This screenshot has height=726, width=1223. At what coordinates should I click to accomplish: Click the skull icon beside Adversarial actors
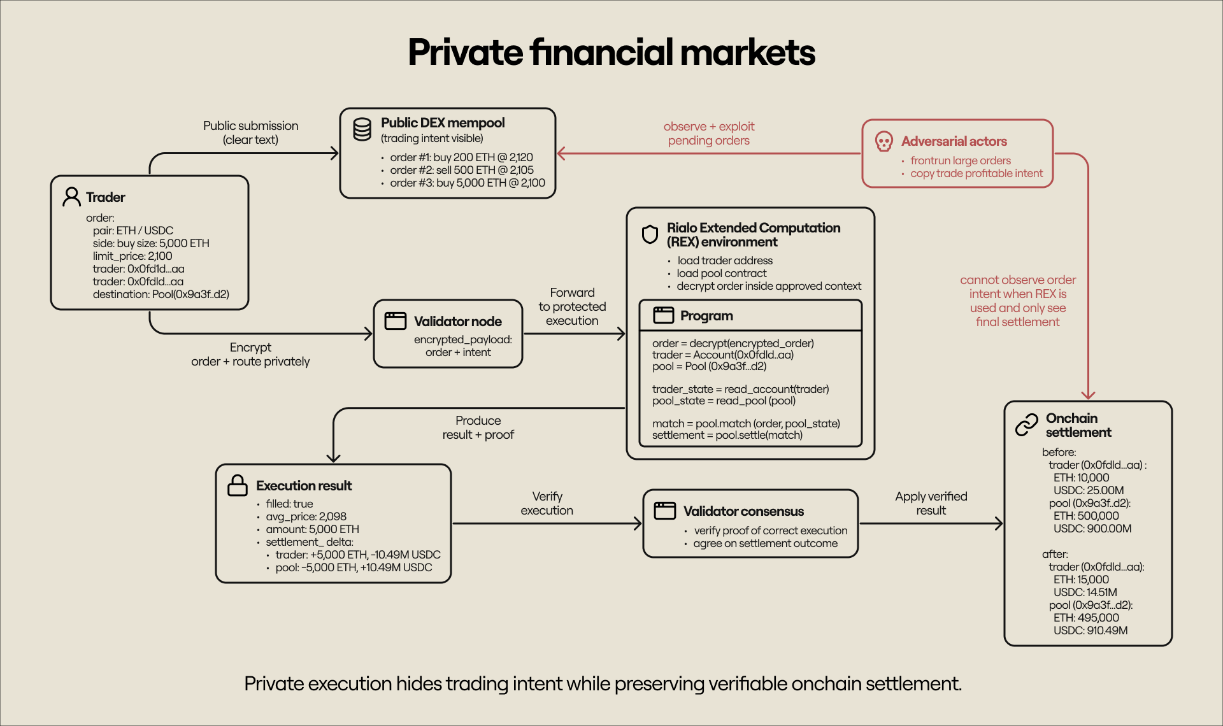coord(883,141)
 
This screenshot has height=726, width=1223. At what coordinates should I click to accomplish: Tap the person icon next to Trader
coord(71,197)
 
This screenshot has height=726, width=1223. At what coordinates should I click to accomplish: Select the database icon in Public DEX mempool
coord(362,129)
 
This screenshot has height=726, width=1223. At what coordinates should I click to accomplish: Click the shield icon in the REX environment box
coord(650,234)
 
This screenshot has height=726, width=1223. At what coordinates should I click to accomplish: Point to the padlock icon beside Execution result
coord(238,485)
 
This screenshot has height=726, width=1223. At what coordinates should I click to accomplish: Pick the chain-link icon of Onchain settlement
coord(1026,425)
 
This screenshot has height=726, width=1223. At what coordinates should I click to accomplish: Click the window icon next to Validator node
coord(395,320)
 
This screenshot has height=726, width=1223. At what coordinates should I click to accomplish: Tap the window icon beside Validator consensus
coord(664,510)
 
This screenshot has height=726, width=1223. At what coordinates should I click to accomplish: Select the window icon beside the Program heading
coord(663,315)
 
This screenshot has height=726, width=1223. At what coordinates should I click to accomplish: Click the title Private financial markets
coord(611,52)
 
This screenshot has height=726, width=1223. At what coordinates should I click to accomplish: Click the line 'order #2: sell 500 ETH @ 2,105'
coord(461,170)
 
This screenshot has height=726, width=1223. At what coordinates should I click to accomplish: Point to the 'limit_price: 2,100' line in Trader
coord(132,256)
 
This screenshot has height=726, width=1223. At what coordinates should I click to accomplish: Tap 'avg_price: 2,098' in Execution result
coord(306,516)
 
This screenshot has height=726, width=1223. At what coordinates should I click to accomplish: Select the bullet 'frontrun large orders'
coord(960,160)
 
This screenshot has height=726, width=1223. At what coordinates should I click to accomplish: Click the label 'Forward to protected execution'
coord(572,306)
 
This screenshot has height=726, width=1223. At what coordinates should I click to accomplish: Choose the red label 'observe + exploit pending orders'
coord(708,133)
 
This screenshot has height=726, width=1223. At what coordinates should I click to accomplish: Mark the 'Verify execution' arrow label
coord(547,503)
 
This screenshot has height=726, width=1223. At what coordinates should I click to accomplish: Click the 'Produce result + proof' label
coord(478,427)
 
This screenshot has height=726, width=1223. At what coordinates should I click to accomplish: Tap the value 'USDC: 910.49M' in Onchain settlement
coord(1090,630)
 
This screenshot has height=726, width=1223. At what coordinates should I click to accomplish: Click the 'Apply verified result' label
coord(931,503)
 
